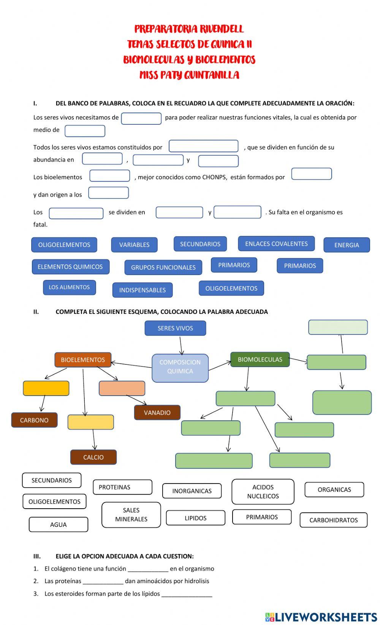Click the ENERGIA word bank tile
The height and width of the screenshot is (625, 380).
click(346, 245)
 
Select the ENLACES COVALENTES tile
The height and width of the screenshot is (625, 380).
click(276, 243)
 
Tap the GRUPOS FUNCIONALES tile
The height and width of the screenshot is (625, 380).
click(163, 267)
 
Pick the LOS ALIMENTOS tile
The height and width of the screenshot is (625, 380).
click(69, 287)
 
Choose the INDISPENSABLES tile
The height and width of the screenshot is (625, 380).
click(142, 290)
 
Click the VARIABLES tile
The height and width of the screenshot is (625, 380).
click(134, 245)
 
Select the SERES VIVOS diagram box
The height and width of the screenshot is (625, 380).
click(175, 328)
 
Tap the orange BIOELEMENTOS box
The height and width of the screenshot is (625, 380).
click(83, 359)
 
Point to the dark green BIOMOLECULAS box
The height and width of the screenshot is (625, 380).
click(260, 359)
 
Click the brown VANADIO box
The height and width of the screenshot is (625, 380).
click(157, 412)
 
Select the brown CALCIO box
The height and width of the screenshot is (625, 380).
click(93, 457)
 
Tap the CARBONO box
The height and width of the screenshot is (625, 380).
click(34, 420)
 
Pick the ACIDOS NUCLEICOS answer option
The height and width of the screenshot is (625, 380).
click(263, 491)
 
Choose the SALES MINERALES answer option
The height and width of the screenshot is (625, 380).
click(131, 514)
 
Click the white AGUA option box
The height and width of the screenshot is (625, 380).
click(58, 524)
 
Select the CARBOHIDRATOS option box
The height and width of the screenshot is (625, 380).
click(333, 520)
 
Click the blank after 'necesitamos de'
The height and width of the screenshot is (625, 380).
click(141, 118)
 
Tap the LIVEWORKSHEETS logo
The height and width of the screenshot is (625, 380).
click(321, 617)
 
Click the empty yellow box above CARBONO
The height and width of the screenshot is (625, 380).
click(46, 388)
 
